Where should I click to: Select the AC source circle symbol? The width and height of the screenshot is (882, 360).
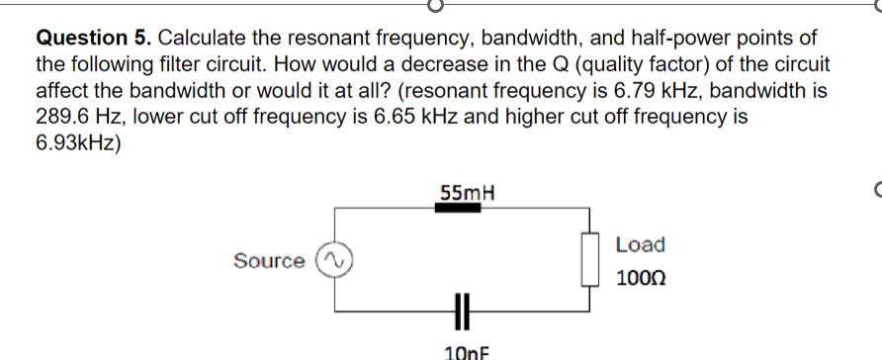(x=333, y=261)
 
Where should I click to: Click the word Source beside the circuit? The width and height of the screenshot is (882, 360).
(x=269, y=261)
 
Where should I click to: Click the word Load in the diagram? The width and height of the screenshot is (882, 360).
(x=640, y=244)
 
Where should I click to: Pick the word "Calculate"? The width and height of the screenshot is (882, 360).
(x=203, y=40)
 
